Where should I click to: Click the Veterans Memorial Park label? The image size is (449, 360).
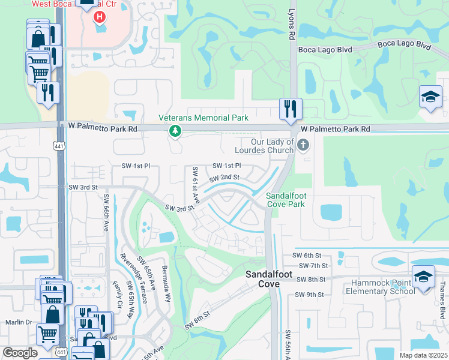[x=203, y=118]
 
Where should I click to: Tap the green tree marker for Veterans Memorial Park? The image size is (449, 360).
[x=175, y=130]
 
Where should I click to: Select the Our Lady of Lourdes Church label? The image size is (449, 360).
[x=273, y=146]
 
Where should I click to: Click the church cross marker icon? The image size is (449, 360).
[x=304, y=144]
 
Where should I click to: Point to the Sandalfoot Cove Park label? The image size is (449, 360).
[x=286, y=200]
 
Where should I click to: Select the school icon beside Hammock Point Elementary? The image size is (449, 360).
[x=423, y=278]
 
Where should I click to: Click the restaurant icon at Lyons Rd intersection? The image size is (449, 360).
[x=291, y=109]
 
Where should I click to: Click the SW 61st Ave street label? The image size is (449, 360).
[x=195, y=183]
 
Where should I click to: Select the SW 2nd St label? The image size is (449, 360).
[x=224, y=178]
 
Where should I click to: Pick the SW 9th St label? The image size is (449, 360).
[x=310, y=295]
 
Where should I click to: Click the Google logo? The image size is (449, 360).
[x=20, y=353]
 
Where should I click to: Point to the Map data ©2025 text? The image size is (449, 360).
[x=423, y=355]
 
